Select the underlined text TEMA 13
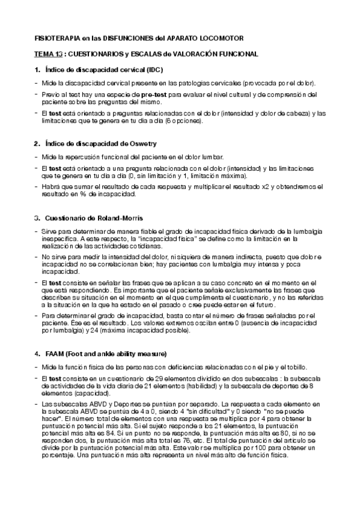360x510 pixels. click(47, 54)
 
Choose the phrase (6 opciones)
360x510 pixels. click(181, 121)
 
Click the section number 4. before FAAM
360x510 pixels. click(37, 352)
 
